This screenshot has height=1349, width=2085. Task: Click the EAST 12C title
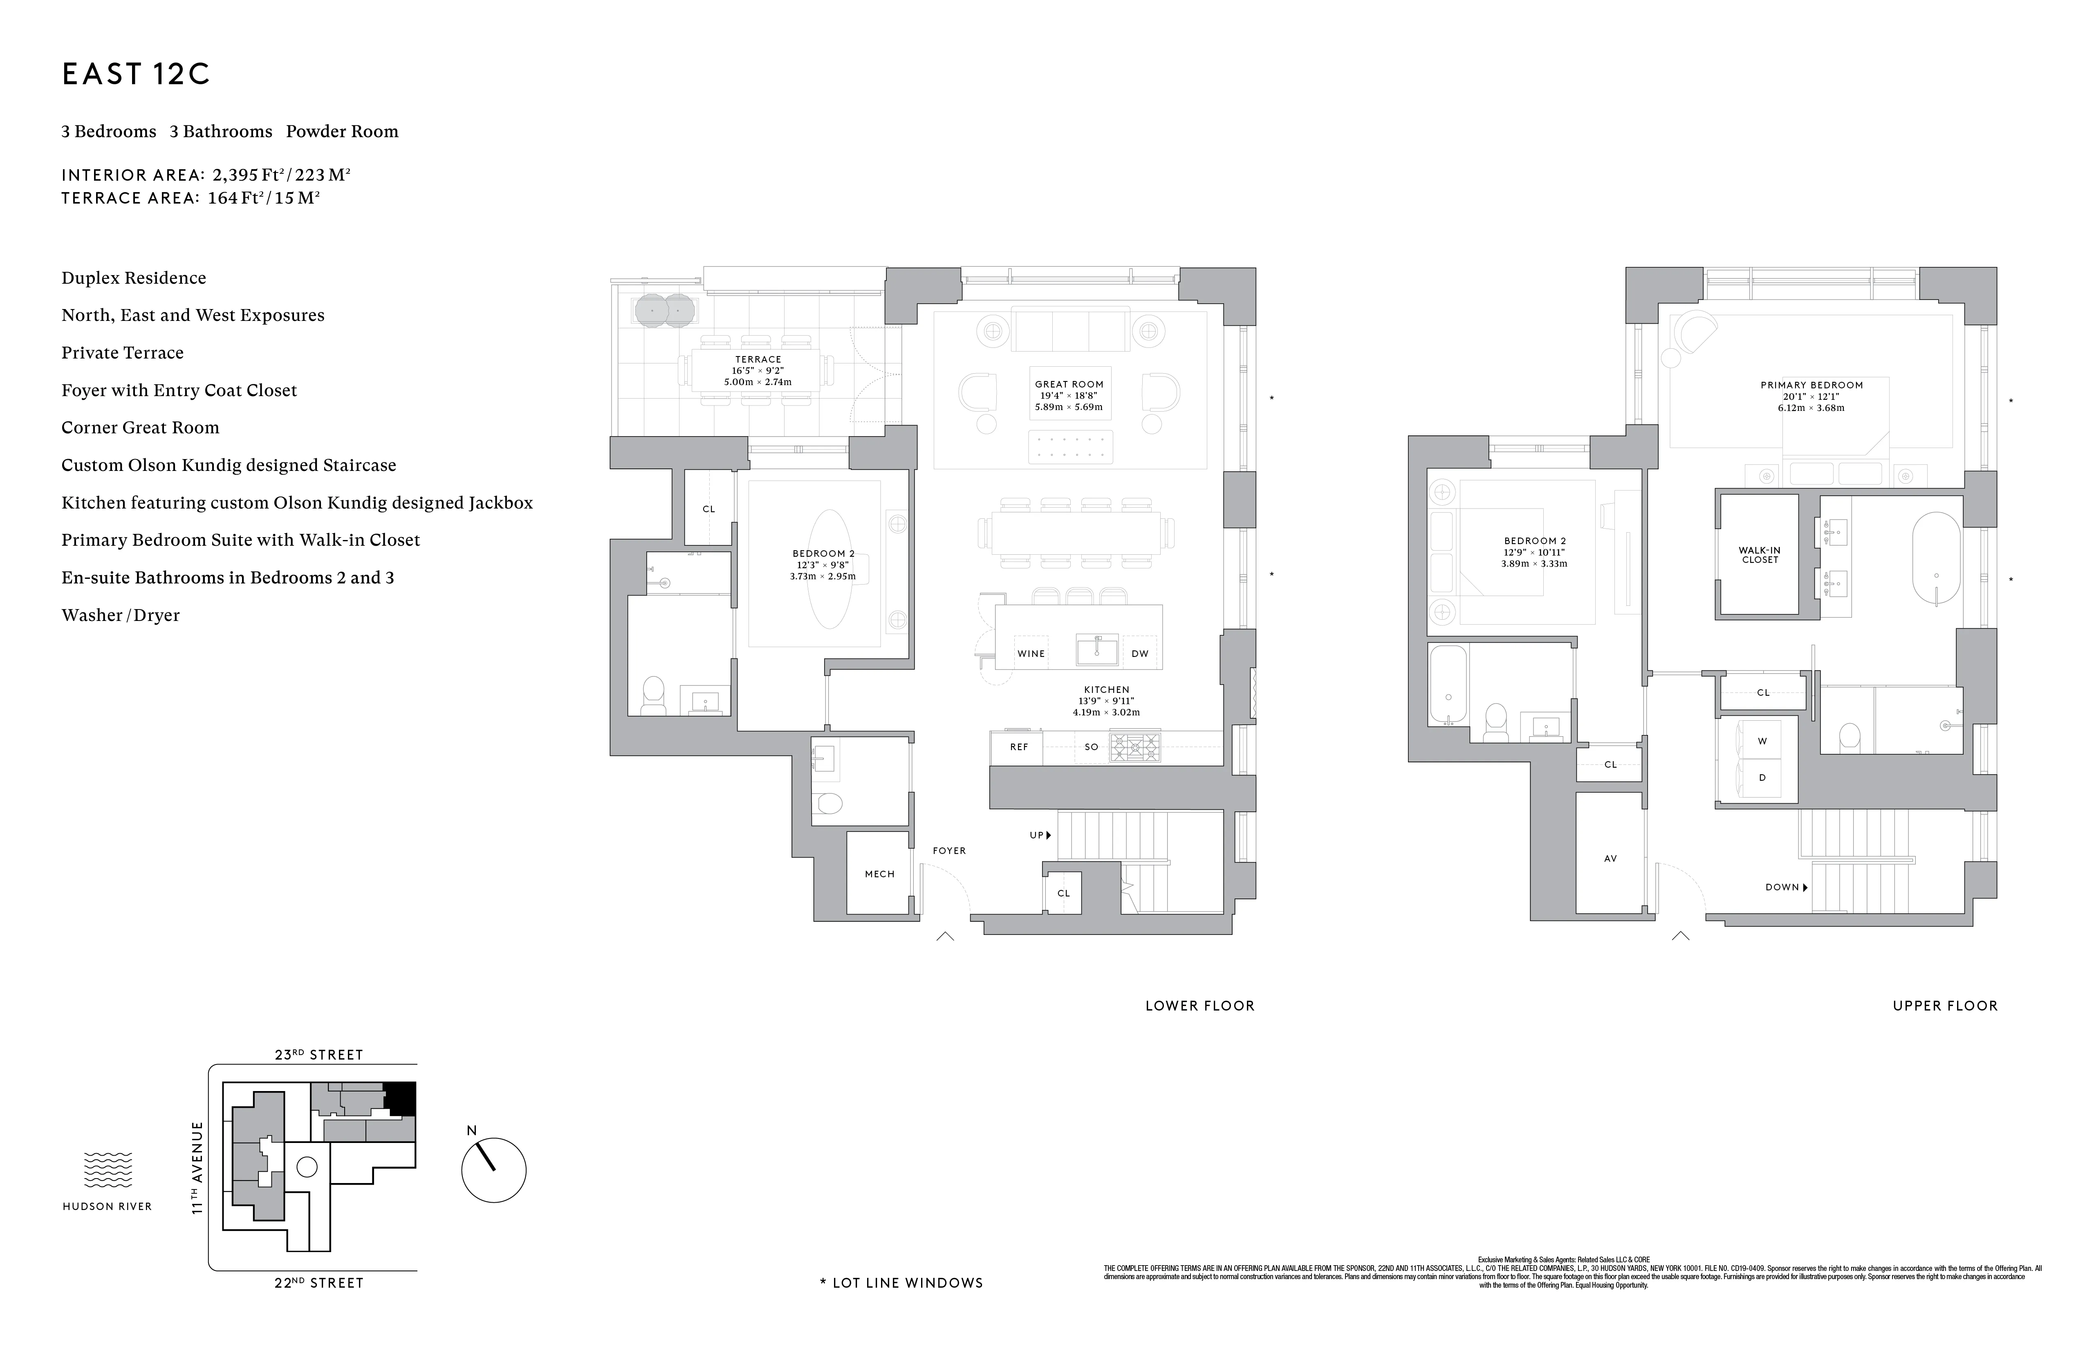click(136, 74)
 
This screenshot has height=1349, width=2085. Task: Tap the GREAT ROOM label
click(1069, 384)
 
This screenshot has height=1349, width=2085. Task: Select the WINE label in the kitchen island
click(1031, 654)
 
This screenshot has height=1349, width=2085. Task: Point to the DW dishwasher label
click(1140, 654)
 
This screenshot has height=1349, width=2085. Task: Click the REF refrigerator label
click(1019, 747)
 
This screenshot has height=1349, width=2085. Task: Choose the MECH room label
click(879, 874)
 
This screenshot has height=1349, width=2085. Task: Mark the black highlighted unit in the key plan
click(400, 1098)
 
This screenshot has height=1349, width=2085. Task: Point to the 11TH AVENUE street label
click(197, 1167)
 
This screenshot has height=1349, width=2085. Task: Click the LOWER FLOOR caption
click(1199, 1006)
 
